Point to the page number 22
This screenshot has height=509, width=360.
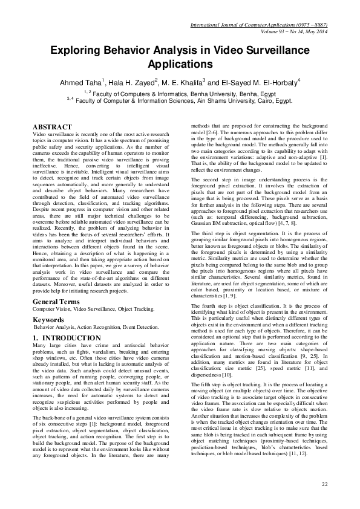click(324, 484)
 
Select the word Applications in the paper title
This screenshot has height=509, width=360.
click(180, 64)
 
